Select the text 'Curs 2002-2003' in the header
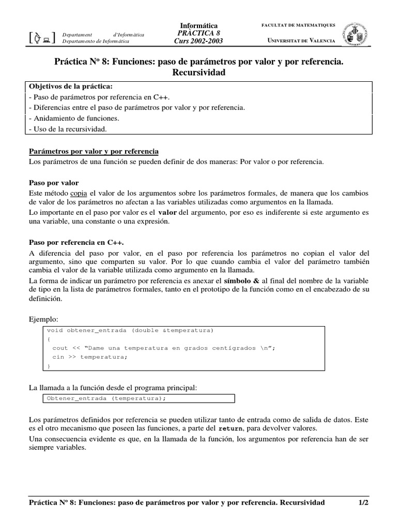pyautogui.click(x=198, y=41)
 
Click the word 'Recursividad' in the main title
pyautogui.click(x=198, y=73)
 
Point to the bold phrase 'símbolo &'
pyautogui.click(x=237, y=280)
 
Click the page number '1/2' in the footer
pyautogui.click(x=363, y=503)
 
